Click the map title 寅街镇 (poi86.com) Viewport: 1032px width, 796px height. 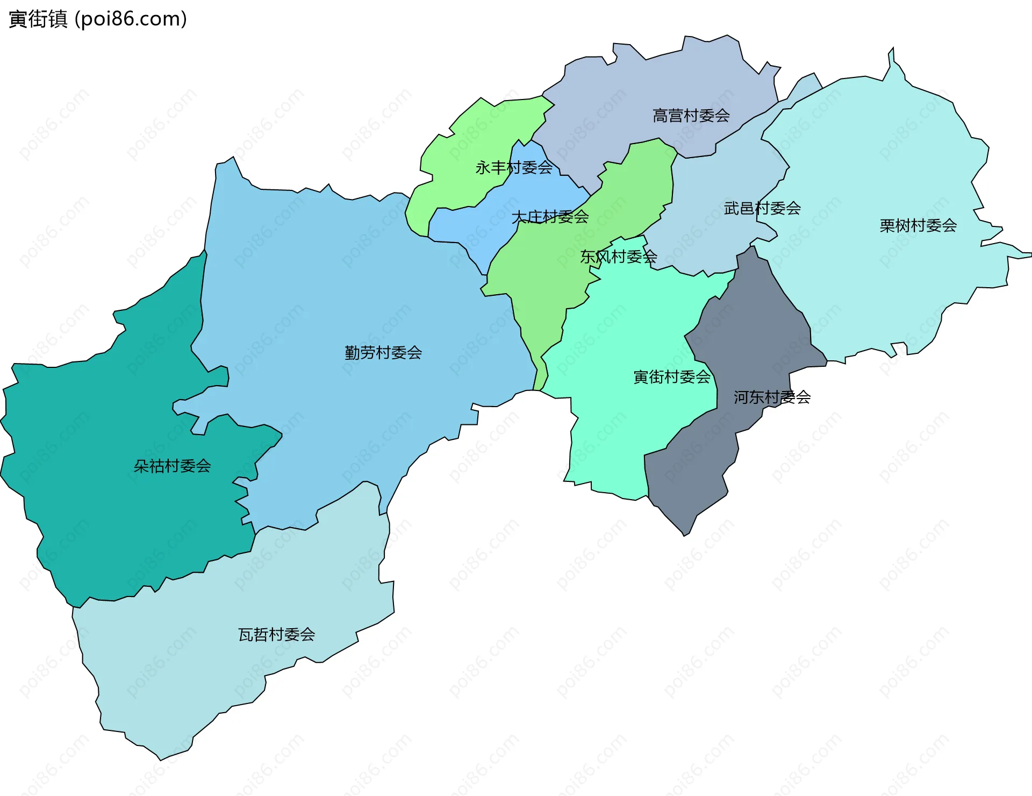click(98, 19)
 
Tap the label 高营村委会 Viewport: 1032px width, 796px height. click(691, 116)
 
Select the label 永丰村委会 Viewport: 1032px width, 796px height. click(514, 168)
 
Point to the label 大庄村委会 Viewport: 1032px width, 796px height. click(550, 217)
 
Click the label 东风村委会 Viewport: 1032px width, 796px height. click(618, 257)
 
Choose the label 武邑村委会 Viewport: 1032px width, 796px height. click(762, 208)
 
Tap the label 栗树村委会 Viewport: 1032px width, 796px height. click(918, 225)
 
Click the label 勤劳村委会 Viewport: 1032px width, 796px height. click(383, 353)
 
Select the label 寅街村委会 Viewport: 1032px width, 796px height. click(672, 377)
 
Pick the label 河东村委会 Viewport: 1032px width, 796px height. click(772, 397)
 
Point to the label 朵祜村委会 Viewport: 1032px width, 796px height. click(172, 466)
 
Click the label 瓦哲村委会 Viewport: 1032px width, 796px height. click(276, 635)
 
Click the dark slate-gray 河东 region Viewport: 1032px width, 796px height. click(693, 473)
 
